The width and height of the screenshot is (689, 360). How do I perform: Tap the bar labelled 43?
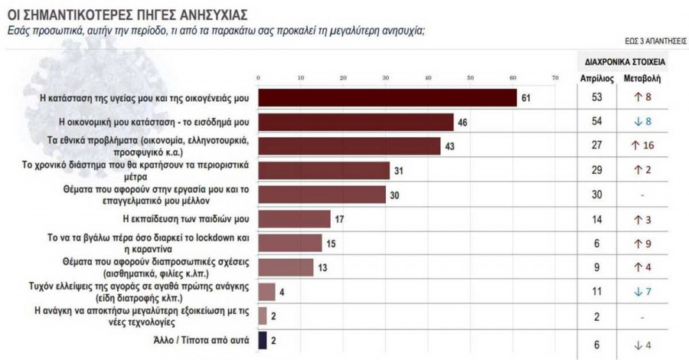pos(349,146)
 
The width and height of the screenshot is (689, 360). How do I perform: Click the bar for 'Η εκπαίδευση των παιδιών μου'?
pos(294,218)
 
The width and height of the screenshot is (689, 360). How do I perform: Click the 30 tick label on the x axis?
pos(385,78)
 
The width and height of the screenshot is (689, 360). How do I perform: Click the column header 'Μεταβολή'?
pos(643,77)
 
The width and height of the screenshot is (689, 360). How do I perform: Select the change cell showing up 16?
pos(642,146)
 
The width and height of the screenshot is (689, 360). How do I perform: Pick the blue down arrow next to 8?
pos(636,122)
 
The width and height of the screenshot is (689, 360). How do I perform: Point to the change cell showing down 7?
pos(642,291)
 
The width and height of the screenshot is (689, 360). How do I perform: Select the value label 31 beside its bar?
pos(398,170)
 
